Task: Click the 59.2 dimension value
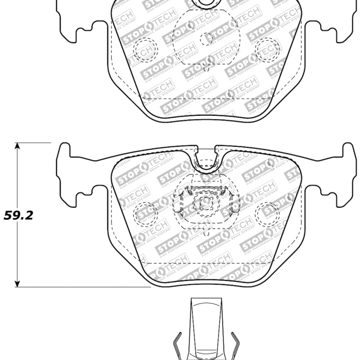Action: coord(18,215)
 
